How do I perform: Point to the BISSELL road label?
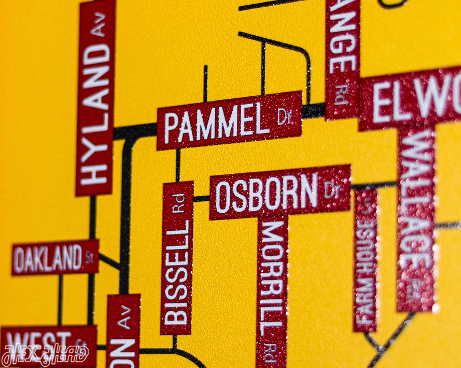[177, 272]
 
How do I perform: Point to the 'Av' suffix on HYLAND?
[97, 23]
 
